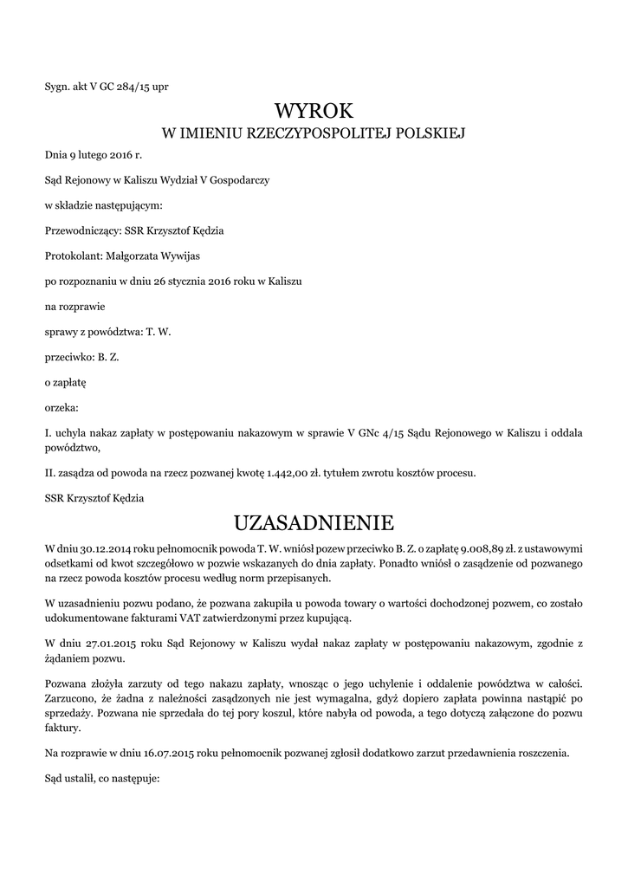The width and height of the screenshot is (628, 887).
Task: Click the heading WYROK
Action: (314, 111)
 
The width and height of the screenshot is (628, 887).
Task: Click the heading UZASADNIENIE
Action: (314, 523)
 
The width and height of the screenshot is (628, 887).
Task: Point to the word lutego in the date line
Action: (94, 155)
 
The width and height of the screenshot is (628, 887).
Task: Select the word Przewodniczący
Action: (75, 230)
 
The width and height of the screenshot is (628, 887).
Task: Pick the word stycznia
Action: (186, 281)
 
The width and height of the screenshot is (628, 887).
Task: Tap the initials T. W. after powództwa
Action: (159, 331)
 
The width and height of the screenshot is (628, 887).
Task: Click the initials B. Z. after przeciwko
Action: (107, 356)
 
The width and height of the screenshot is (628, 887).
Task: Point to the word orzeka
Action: (62, 406)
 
